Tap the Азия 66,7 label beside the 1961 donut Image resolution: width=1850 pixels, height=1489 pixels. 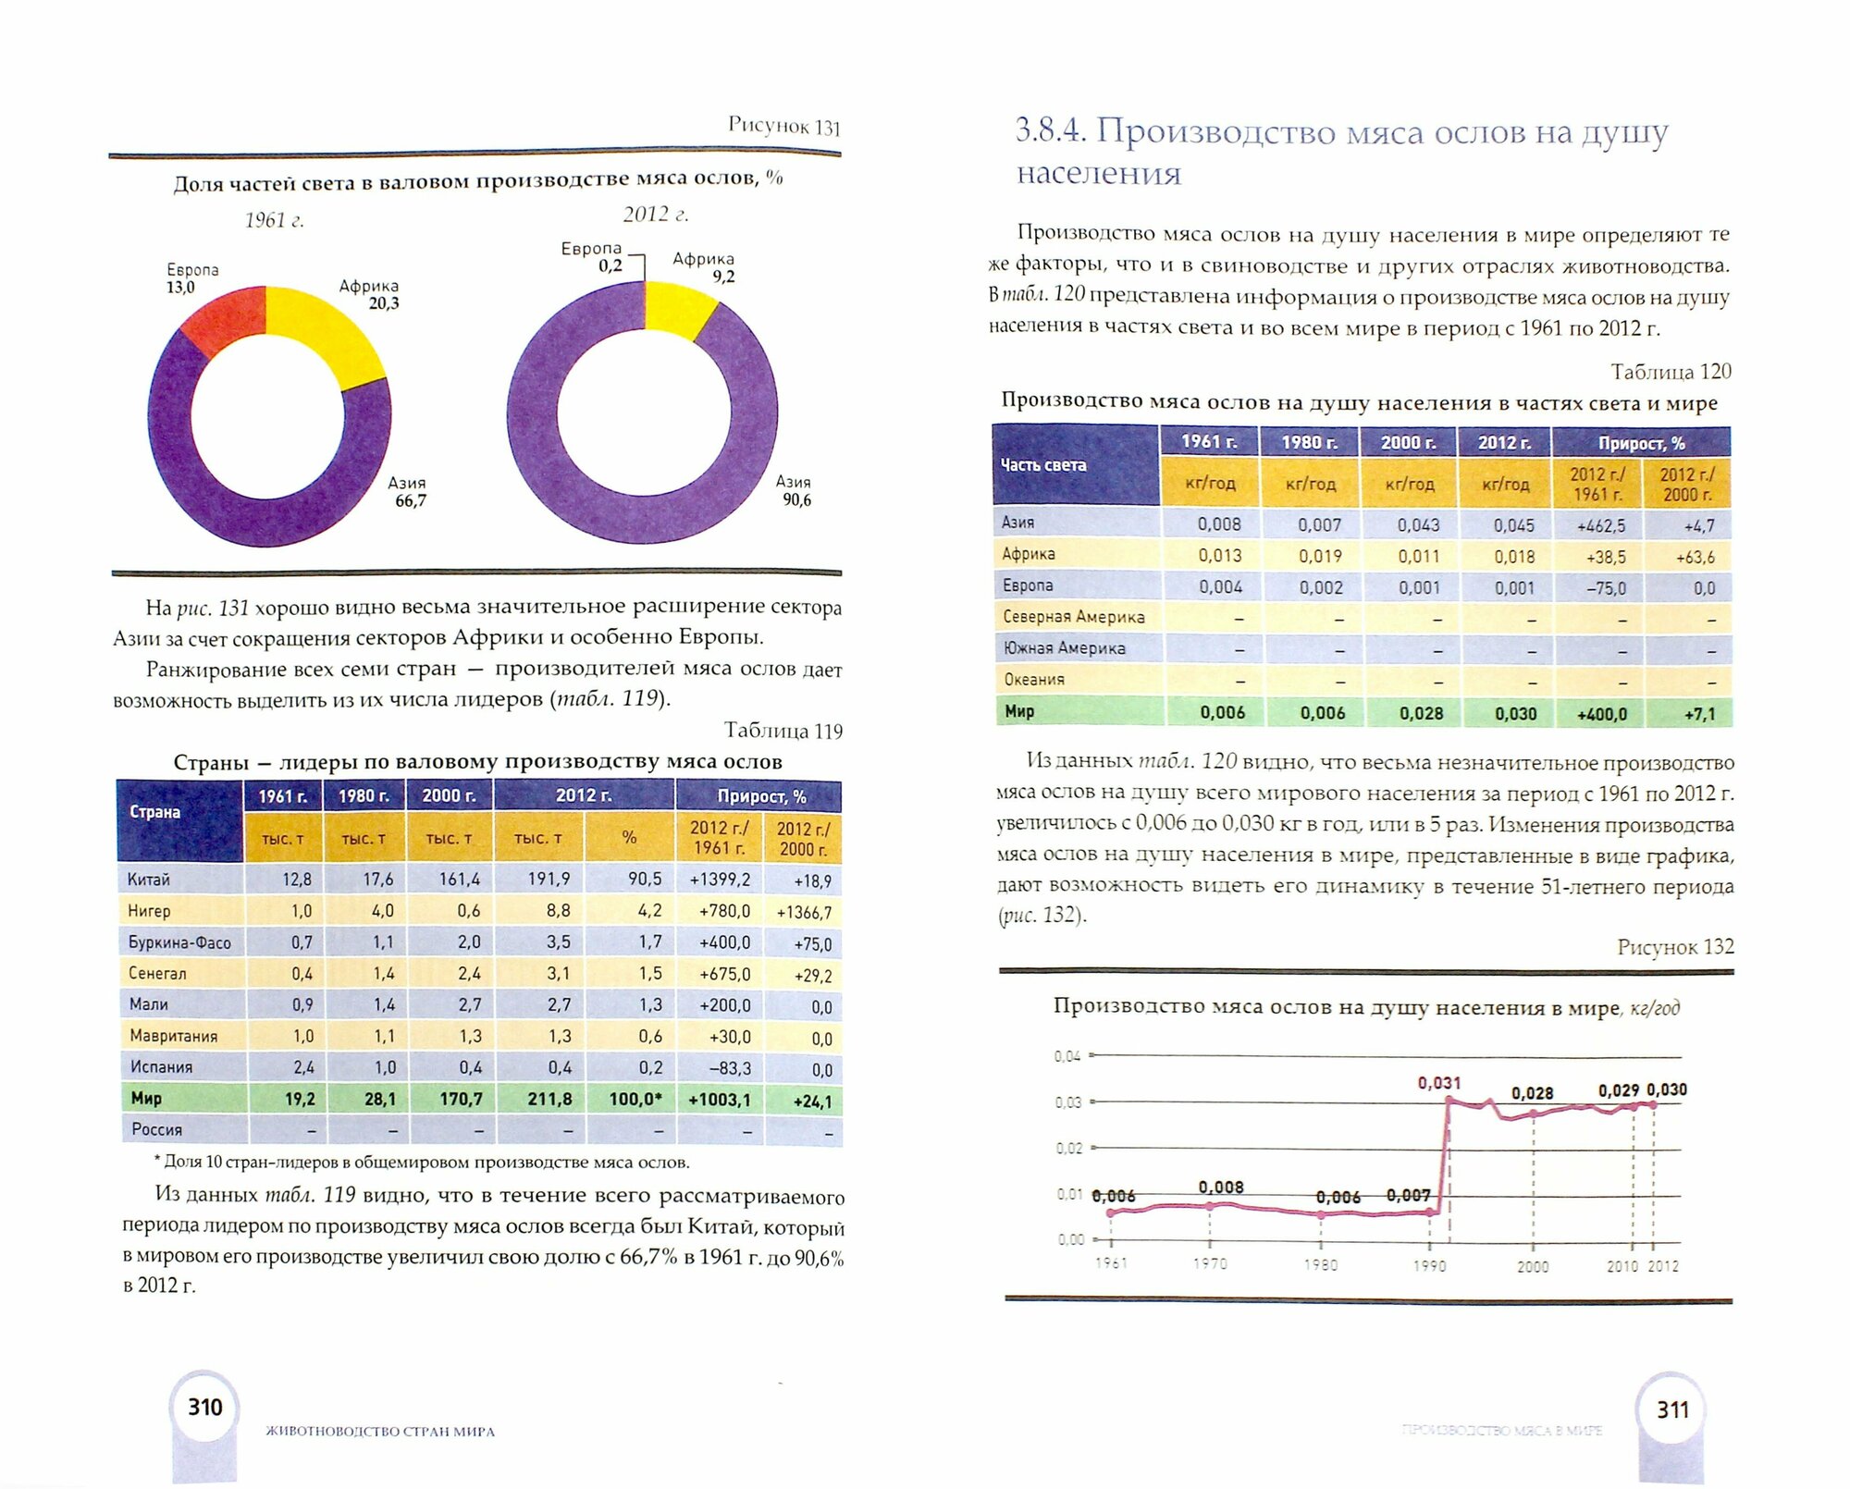click(408, 492)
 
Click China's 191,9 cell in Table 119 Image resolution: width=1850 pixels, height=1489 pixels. click(549, 880)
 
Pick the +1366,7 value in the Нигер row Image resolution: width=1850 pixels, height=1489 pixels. click(804, 913)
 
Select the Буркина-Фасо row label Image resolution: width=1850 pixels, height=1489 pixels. click(179, 943)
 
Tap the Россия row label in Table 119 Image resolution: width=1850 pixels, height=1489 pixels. click(157, 1130)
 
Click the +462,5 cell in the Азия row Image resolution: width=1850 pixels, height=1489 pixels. click(1601, 526)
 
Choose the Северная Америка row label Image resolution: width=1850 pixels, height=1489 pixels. click(1074, 617)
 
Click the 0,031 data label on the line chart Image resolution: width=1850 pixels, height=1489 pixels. click(1439, 1083)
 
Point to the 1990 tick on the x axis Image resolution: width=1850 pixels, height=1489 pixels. click(1429, 1265)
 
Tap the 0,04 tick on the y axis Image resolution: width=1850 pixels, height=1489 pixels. click(1067, 1056)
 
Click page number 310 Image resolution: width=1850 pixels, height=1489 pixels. click(205, 1408)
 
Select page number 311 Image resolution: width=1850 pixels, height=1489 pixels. click(1672, 1410)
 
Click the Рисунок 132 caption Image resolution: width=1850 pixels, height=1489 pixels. click(1675, 947)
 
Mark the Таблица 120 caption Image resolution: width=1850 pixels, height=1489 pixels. click(1671, 372)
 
